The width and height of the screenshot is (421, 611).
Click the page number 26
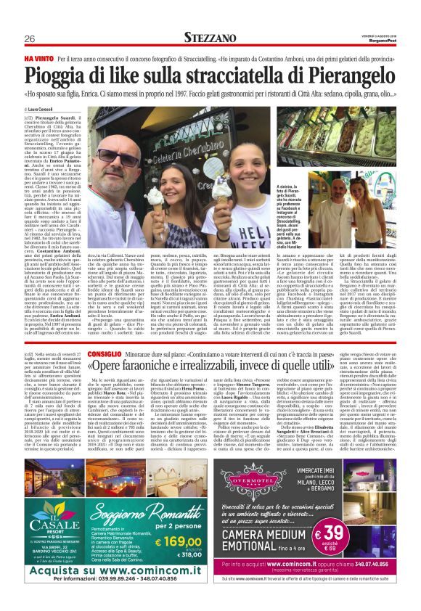[30, 38]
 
